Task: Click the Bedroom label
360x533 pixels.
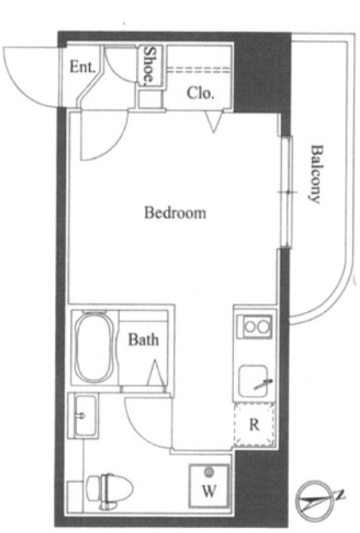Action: [x=175, y=213]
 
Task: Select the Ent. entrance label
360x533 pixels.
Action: [x=82, y=67]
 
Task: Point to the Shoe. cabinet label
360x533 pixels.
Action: [x=149, y=65]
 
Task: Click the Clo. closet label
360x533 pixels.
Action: [x=201, y=93]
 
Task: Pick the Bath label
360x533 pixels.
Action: [x=143, y=339]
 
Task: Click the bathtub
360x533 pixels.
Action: [x=93, y=347]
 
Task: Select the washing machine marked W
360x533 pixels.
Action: [x=209, y=486]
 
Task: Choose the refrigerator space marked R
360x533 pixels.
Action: [x=254, y=424]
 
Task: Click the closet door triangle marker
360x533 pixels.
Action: [x=213, y=122]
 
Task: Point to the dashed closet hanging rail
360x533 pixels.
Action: [x=199, y=69]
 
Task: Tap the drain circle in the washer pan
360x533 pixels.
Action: [x=208, y=472]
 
